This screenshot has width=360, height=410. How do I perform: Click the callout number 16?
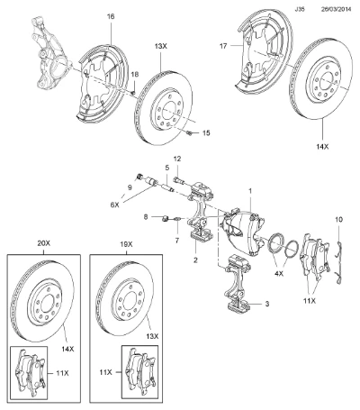tap(111, 16)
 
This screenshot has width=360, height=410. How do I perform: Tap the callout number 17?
tap(223, 46)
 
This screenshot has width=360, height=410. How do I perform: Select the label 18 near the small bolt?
tap(135, 75)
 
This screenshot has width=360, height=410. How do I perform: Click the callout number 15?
tap(206, 132)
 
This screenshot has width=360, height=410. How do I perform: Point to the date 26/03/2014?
tap(336, 9)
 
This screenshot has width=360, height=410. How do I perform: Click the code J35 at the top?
tap(300, 9)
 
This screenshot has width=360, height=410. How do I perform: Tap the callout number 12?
tap(177, 159)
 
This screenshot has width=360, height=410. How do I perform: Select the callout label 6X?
tap(114, 205)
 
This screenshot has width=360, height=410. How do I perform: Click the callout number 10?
tap(339, 220)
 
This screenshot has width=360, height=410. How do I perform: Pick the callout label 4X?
tap(279, 274)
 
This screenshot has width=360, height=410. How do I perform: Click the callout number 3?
tap(267, 304)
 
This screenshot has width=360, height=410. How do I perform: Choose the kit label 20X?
tap(44, 243)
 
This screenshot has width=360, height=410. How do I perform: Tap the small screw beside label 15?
tap(189, 132)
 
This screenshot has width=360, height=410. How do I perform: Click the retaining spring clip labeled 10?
tap(339, 261)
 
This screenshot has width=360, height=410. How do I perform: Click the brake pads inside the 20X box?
tap(30, 373)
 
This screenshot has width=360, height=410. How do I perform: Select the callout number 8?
tap(146, 217)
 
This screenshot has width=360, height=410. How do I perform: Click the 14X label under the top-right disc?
tap(322, 147)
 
